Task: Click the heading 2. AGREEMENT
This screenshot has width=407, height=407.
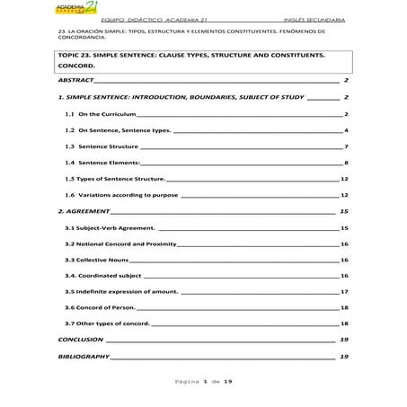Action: tap(82, 211)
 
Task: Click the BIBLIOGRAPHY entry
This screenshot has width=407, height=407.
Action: tap(83, 357)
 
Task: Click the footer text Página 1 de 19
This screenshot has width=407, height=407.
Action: tap(202, 382)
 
